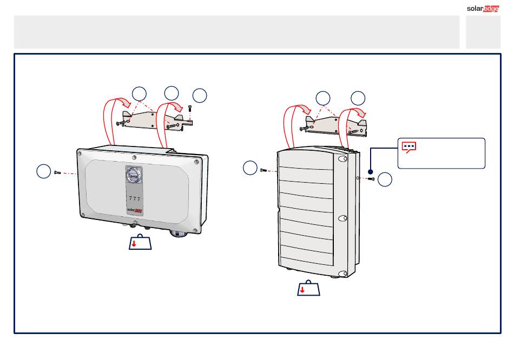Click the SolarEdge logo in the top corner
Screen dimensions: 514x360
pyautogui.click(x=483, y=9)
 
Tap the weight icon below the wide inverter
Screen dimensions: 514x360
pyautogui.click(x=140, y=242)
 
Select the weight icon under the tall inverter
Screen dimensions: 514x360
pyautogui.click(x=308, y=288)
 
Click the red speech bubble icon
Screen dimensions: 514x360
pyautogui.click(x=409, y=147)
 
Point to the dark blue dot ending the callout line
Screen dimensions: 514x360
pyautogui.click(x=371, y=172)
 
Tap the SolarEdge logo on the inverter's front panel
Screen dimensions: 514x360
pyautogui.click(x=135, y=210)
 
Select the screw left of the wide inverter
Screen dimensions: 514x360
pyautogui.click(x=57, y=172)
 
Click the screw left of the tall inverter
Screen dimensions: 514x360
pyautogui.click(x=263, y=170)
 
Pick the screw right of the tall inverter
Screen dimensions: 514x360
pyautogui.click(x=371, y=179)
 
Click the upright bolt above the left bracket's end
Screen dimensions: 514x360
pyautogui.click(x=190, y=109)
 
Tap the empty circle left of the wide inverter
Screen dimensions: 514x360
pyautogui.click(x=44, y=171)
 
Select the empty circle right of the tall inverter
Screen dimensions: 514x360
pyautogui.click(x=385, y=179)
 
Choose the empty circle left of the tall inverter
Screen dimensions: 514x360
pyautogui.click(x=250, y=168)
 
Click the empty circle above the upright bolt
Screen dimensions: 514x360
pyautogui.click(x=200, y=96)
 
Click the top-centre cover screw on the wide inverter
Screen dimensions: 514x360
pyautogui.click(x=134, y=157)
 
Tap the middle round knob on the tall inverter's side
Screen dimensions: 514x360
pyautogui.click(x=342, y=218)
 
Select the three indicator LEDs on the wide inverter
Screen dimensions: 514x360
pyautogui.click(x=134, y=198)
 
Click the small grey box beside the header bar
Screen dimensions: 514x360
pyautogui.click(x=483, y=32)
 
